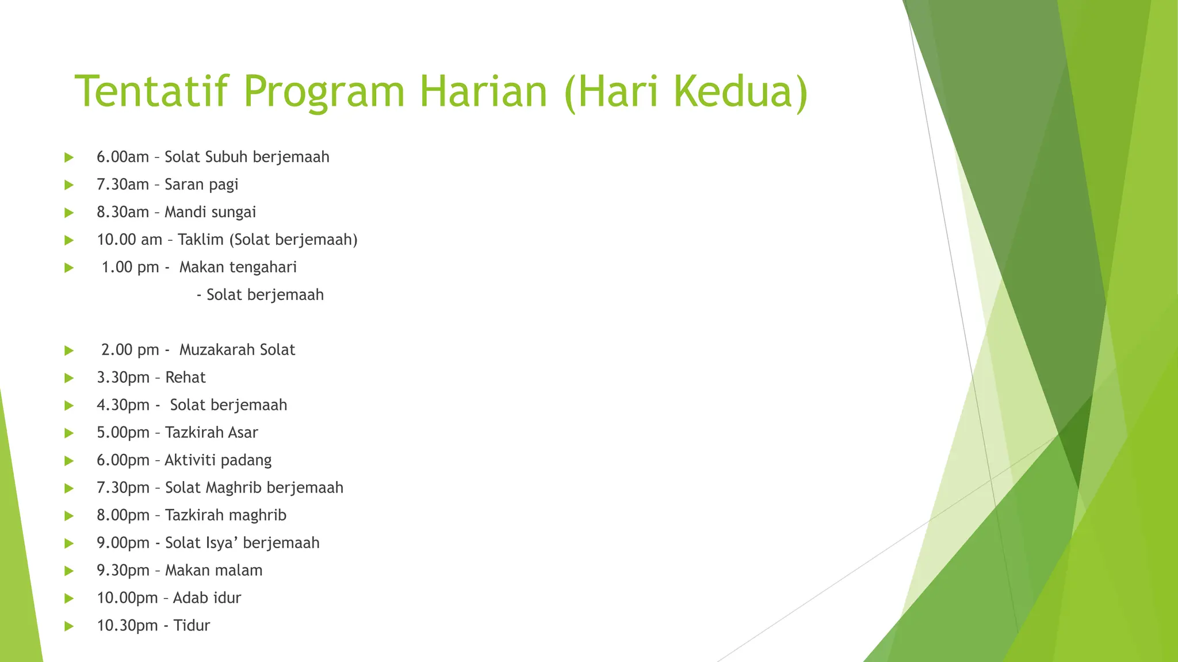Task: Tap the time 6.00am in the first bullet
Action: pos(123,157)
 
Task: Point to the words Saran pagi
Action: pos(201,184)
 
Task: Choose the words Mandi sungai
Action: pos(210,212)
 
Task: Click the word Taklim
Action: pos(201,240)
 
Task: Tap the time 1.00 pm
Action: pos(130,267)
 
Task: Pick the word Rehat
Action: pos(185,378)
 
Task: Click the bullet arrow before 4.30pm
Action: pos(69,406)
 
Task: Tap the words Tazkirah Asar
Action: pos(211,433)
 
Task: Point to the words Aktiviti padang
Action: pos(218,460)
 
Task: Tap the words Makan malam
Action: pos(213,571)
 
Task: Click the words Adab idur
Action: pos(206,598)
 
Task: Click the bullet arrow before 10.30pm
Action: pos(69,626)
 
